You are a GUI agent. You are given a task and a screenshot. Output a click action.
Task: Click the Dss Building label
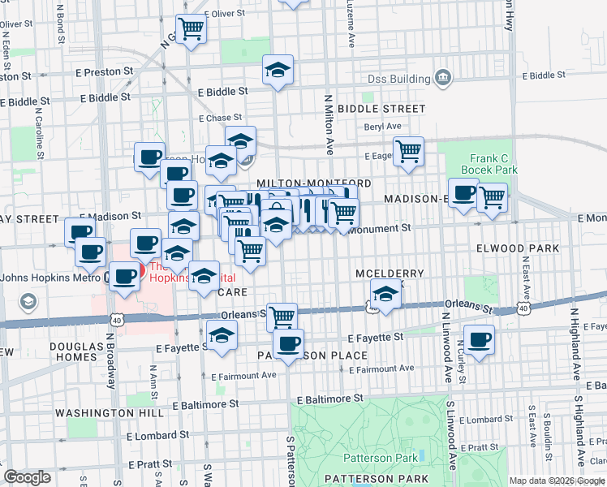[x=397, y=79]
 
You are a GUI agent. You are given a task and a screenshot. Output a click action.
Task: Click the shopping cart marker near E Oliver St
[x=192, y=28]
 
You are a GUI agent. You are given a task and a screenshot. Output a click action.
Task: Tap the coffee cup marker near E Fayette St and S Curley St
[x=479, y=338]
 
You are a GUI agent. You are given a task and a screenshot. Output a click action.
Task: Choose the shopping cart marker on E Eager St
[x=409, y=150]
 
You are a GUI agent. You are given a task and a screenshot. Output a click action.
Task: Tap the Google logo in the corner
[x=27, y=477]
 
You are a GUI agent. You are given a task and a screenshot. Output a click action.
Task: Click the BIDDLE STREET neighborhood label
[x=381, y=109]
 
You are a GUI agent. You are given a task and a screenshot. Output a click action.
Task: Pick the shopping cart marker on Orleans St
[x=282, y=317]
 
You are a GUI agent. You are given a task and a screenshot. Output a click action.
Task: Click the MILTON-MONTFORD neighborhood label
[x=314, y=184]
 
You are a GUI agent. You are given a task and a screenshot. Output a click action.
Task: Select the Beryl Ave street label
[x=383, y=126]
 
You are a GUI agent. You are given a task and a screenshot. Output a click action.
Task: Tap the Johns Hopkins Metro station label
[x=50, y=277]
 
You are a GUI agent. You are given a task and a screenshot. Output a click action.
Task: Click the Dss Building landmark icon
[x=443, y=79]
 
